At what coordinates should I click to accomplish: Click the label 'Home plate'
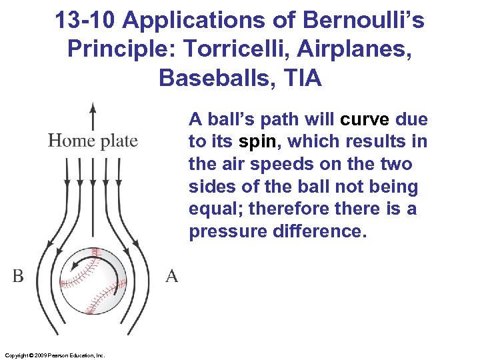(93, 141)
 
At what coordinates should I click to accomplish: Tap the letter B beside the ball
(18, 276)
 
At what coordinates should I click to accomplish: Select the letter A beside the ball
(171, 276)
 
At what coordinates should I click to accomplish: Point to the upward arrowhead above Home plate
(93, 107)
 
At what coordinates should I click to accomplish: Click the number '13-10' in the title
(85, 21)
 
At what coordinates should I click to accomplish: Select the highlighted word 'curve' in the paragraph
(365, 120)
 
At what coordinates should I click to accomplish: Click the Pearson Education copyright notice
(54, 355)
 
